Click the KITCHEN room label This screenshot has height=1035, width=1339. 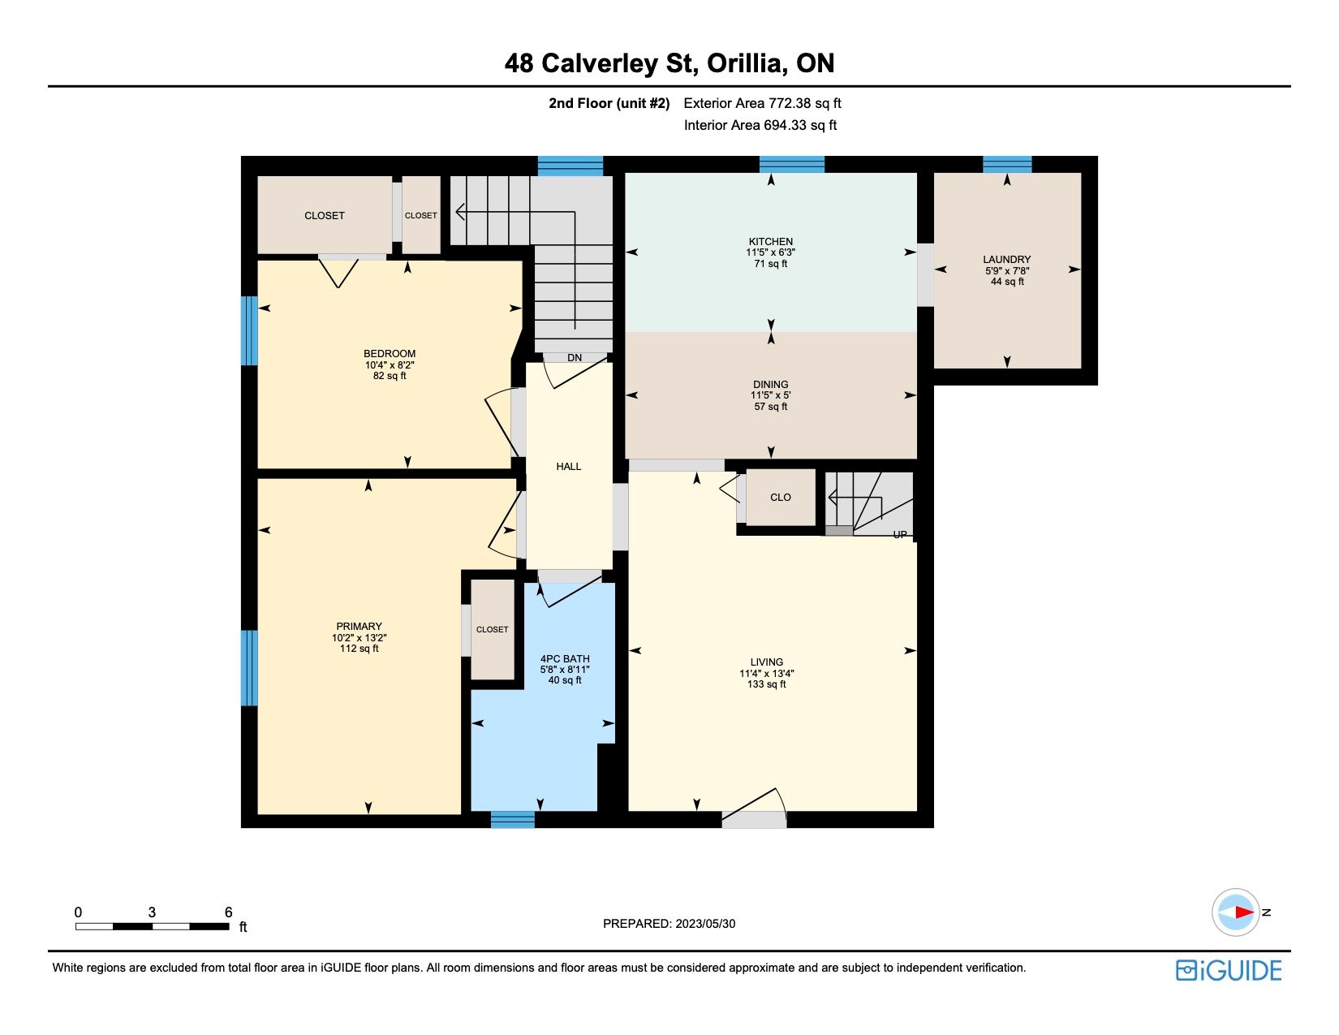coord(770,242)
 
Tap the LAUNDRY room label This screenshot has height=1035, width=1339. coord(1007,260)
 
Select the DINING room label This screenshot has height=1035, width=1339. coord(770,384)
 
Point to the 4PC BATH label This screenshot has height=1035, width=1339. coord(565,658)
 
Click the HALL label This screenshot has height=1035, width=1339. coord(568,467)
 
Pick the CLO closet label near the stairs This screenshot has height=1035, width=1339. coord(780,498)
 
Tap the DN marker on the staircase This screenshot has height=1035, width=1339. coord(575,357)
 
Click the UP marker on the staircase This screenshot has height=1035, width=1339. coord(900,534)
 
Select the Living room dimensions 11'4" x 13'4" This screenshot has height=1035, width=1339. coord(767,673)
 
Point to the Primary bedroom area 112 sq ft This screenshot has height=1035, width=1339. coord(359,649)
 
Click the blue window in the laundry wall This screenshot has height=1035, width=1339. coord(1007,165)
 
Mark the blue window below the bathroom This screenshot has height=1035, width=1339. coord(512,819)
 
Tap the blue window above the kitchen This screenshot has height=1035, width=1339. coord(792,165)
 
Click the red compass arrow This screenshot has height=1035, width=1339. coord(1244,912)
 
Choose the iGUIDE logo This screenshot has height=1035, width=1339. coord(1228,970)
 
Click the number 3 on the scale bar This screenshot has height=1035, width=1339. coord(152,912)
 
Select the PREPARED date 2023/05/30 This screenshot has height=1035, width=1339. coord(705,924)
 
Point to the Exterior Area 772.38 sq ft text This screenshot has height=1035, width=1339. coord(762,103)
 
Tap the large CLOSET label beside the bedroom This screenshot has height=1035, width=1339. coord(324,216)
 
